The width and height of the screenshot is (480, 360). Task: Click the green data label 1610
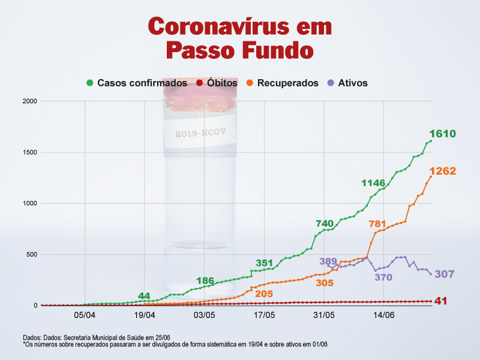[442, 133]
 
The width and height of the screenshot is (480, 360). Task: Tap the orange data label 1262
[442, 171]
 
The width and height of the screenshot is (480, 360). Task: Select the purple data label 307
[445, 274]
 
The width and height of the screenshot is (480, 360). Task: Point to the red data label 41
[441, 301]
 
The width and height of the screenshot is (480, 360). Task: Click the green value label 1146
[373, 183]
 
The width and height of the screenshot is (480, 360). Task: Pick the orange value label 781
[377, 224]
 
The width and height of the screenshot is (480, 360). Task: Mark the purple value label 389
[328, 261]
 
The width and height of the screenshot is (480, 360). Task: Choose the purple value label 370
[383, 277]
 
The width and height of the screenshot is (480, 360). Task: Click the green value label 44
[144, 296]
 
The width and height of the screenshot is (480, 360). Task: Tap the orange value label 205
[264, 294]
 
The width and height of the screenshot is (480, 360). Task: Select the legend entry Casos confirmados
[137, 83]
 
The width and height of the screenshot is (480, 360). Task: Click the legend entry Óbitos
[217, 83]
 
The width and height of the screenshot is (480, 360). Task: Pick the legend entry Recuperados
[283, 83]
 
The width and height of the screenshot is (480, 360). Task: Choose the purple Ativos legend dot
[331, 83]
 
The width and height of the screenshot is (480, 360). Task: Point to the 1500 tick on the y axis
[30, 152]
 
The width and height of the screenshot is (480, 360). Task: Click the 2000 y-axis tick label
[29, 101]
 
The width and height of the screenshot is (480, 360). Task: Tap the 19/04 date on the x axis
[145, 315]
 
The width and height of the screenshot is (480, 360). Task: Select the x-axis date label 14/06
[384, 315]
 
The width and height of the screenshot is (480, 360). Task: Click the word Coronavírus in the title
[218, 26]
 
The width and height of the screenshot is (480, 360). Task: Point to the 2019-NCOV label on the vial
[200, 133]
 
